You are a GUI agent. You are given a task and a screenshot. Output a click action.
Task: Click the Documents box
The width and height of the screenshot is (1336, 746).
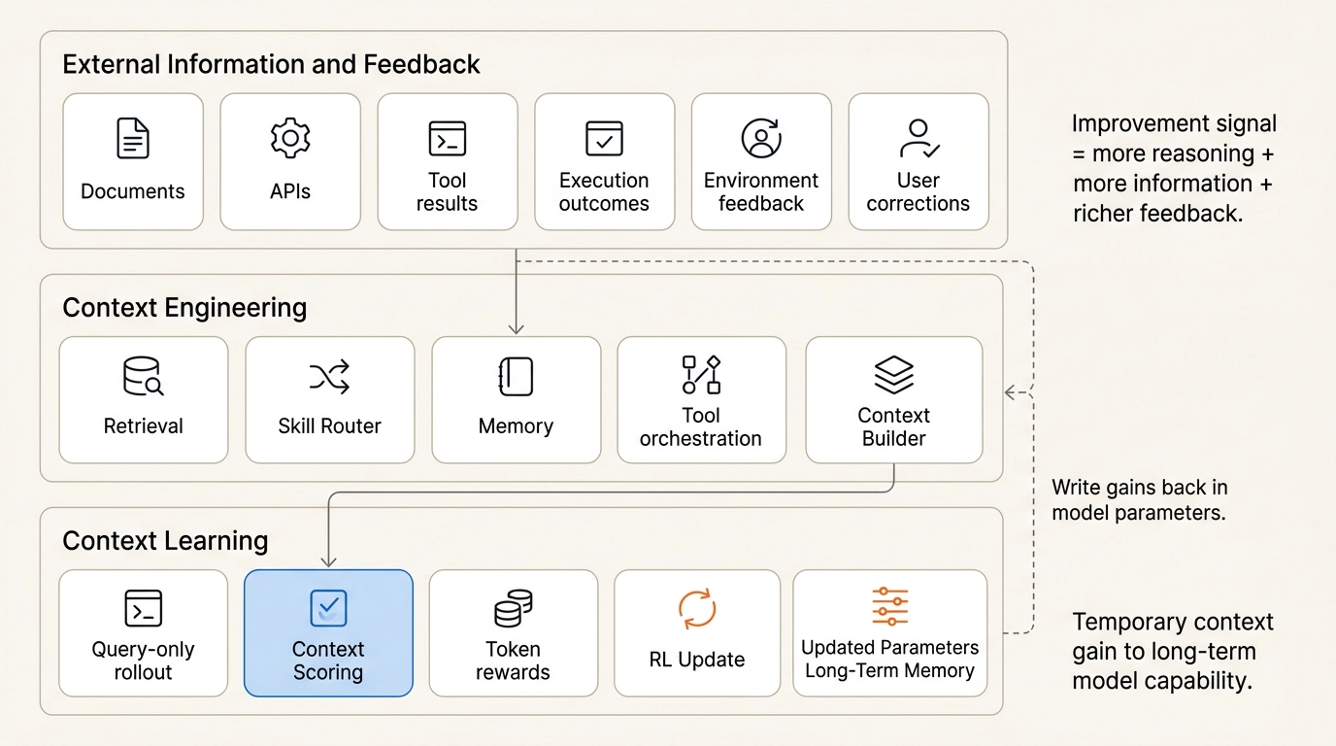(x=133, y=161)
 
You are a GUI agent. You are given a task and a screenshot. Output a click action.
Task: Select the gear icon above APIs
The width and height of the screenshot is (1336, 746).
(x=290, y=138)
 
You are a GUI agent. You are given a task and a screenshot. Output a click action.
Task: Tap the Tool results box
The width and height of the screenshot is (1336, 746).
(x=447, y=161)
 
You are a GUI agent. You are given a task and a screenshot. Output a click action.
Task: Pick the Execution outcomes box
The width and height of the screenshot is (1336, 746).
(x=604, y=161)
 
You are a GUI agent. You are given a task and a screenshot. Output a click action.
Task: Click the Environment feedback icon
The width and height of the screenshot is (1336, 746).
(x=761, y=138)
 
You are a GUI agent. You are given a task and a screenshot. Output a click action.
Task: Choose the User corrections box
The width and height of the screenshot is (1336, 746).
(x=918, y=161)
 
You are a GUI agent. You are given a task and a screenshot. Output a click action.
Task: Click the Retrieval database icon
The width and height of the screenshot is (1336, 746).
(x=143, y=376)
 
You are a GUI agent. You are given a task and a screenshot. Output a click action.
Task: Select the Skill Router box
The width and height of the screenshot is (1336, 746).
(x=329, y=399)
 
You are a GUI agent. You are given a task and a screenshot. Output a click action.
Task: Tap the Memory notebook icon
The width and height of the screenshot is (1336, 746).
(x=516, y=376)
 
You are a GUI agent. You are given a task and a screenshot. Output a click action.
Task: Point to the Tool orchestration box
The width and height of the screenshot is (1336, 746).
(x=701, y=399)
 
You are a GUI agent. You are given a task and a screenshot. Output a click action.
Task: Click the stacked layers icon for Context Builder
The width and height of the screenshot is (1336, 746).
(x=893, y=372)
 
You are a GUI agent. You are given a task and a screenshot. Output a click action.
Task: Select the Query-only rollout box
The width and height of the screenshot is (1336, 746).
(x=143, y=632)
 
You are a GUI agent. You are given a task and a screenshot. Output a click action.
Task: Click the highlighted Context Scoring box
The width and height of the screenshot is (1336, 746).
(x=328, y=632)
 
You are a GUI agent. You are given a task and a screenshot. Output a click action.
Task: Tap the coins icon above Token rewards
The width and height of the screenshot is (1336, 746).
(x=513, y=609)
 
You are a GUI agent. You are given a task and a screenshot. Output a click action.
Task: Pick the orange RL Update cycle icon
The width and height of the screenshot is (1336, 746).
(x=697, y=609)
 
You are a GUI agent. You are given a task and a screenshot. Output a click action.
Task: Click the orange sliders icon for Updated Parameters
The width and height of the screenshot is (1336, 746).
(x=889, y=606)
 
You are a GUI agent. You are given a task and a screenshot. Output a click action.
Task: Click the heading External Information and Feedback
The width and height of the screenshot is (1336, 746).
(x=271, y=65)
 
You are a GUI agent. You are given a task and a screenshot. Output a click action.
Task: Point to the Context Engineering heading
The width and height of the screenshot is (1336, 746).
(x=184, y=308)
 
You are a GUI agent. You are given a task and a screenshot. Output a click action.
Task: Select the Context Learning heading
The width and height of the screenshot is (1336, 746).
(x=165, y=541)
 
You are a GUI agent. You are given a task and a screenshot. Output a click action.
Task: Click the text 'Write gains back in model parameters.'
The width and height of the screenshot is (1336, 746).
(x=1139, y=499)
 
